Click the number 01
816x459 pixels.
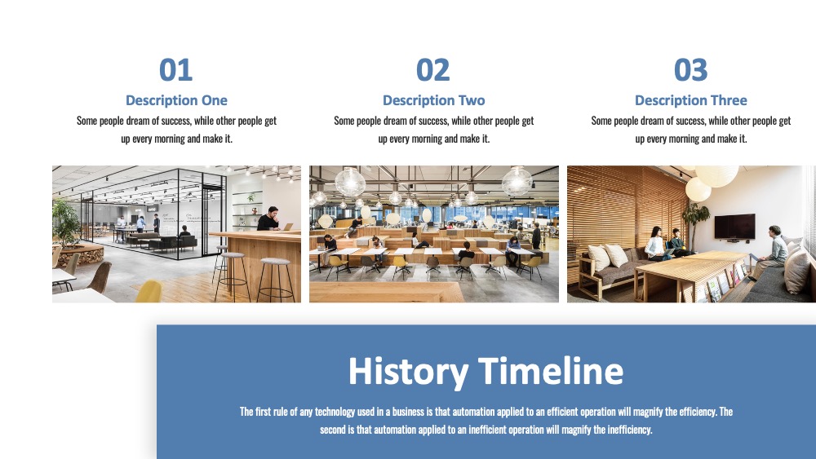pos(176,70)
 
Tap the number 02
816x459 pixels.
pos(433,70)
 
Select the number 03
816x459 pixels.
pos(690,70)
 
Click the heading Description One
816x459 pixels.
pos(176,100)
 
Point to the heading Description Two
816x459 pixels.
pos(433,100)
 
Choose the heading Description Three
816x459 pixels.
pos(690,100)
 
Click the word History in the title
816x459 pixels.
pos(408,372)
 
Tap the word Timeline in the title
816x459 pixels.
pos(551,370)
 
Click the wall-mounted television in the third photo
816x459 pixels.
pos(735,227)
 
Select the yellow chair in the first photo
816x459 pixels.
pos(149,291)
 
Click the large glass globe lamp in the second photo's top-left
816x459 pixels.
pos(350,182)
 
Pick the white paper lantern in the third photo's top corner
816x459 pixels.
pos(716,176)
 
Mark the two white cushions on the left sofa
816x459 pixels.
pos(607,257)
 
